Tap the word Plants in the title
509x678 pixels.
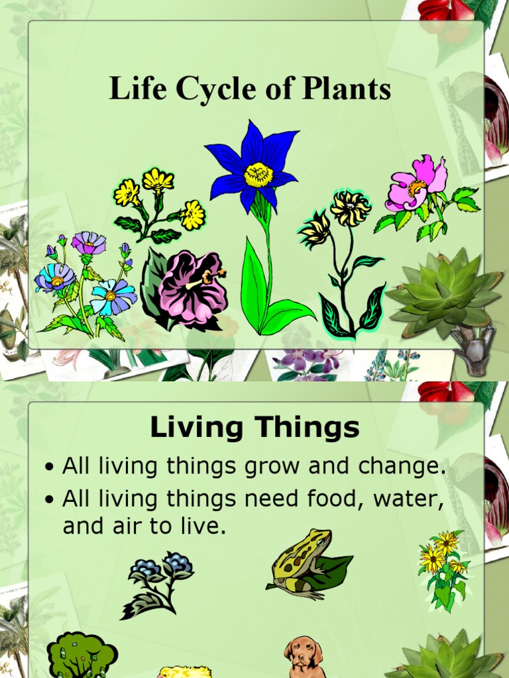point(349,89)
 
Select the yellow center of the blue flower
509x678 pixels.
point(258,174)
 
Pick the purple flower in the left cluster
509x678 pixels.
point(89,243)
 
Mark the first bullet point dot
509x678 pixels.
point(49,468)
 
